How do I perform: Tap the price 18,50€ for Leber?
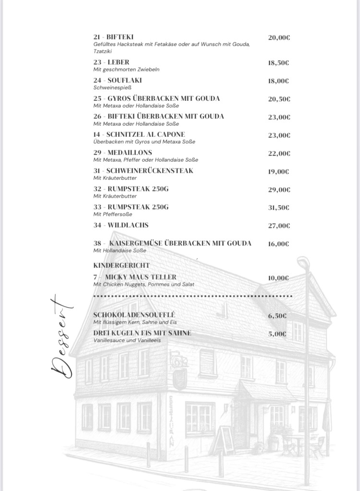[278, 63]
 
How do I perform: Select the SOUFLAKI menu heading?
[118, 80]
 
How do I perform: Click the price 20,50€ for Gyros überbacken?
[279, 99]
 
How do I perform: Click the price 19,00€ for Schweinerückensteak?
[278, 171]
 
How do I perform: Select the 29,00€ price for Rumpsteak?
[279, 190]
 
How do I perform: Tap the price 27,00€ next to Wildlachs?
[279, 226]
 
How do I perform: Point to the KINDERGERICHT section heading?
[121, 265]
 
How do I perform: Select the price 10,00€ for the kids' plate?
[278, 278]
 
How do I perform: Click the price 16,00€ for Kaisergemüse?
[278, 244]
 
